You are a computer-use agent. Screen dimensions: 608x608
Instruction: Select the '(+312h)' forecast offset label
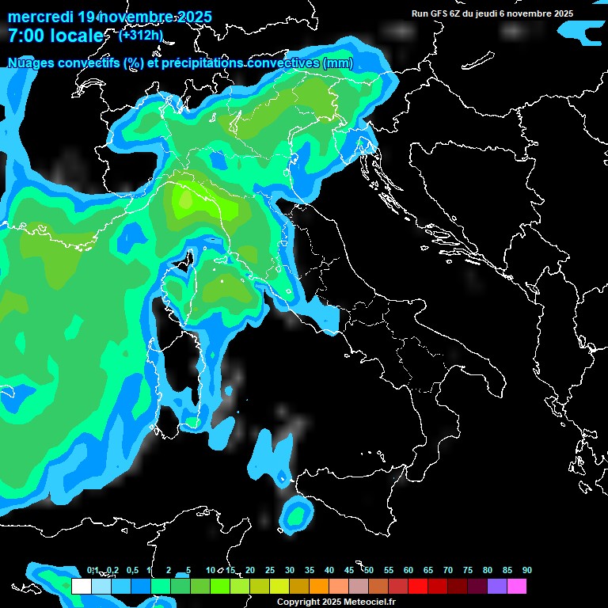point(141,34)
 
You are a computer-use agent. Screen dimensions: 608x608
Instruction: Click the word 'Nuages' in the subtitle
point(31,63)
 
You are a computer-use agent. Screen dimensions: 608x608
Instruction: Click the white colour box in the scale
point(81,587)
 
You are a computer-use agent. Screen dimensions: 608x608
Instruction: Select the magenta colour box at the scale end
point(516,587)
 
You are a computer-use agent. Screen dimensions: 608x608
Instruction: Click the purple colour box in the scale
point(496,587)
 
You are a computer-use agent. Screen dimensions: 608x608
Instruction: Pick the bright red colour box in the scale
point(417,587)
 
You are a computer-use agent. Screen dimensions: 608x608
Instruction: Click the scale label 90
point(526,570)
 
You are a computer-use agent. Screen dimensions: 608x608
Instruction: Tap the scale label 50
point(368,570)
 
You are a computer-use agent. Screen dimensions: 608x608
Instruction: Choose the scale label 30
point(289,570)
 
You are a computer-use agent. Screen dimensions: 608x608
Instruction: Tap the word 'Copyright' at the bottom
point(298,602)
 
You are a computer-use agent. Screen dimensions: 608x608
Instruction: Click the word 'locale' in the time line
point(76,36)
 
